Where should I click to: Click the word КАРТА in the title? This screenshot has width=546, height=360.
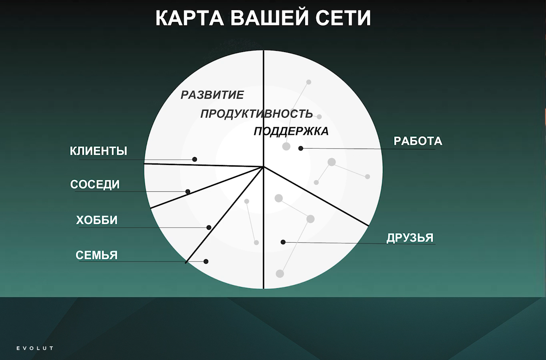(x=190, y=18)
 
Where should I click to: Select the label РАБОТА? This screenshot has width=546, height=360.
(x=418, y=141)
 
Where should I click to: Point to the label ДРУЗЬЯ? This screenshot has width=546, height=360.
(x=410, y=238)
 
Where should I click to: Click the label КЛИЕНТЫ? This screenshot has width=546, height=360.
(x=98, y=151)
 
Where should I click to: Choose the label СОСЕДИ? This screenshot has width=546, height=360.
(x=95, y=184)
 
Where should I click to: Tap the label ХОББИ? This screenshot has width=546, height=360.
(x=97, y=220)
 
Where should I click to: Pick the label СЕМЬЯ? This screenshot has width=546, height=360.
(x=96, y=255)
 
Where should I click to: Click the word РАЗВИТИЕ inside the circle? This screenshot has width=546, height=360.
(x=212, y=95)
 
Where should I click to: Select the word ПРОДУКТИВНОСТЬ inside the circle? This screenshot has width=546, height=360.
(x=257, y=114)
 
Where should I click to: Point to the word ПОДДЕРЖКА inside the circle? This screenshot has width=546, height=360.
(x=291, y=131)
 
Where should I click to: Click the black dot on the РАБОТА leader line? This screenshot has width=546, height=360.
(x=301, y=148)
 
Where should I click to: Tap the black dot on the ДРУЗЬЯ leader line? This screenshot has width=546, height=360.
(x=283, y=242)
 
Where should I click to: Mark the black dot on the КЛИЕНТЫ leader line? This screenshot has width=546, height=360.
(x=195, y=159)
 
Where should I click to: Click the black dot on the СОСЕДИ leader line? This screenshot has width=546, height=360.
(x=188, y=192)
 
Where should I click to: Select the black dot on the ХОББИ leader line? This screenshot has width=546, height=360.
(x=209, y=227)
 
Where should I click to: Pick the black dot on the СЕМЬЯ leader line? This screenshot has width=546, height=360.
(x=206, y=261)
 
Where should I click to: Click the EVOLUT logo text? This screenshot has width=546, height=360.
(x=35, y=348)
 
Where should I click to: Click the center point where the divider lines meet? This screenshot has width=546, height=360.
(x=263, y=167)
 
